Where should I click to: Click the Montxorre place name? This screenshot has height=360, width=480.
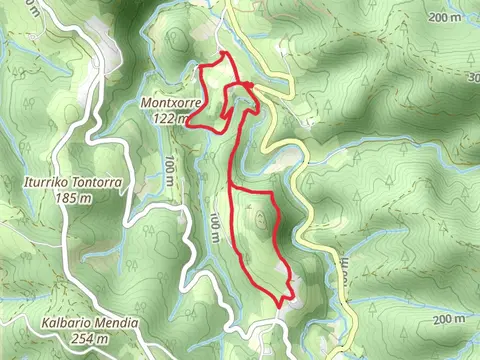click(173, 104)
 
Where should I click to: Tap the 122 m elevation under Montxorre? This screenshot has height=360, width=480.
click(172, 118)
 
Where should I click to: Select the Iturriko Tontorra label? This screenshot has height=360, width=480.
click(72, 184)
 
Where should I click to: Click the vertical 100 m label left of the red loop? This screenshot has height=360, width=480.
click(216, 228)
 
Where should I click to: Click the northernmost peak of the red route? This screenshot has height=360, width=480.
click(225, 52)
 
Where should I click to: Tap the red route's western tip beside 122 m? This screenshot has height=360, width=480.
click(188, 126)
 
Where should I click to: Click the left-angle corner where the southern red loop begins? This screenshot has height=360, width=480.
click(233, 186)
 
